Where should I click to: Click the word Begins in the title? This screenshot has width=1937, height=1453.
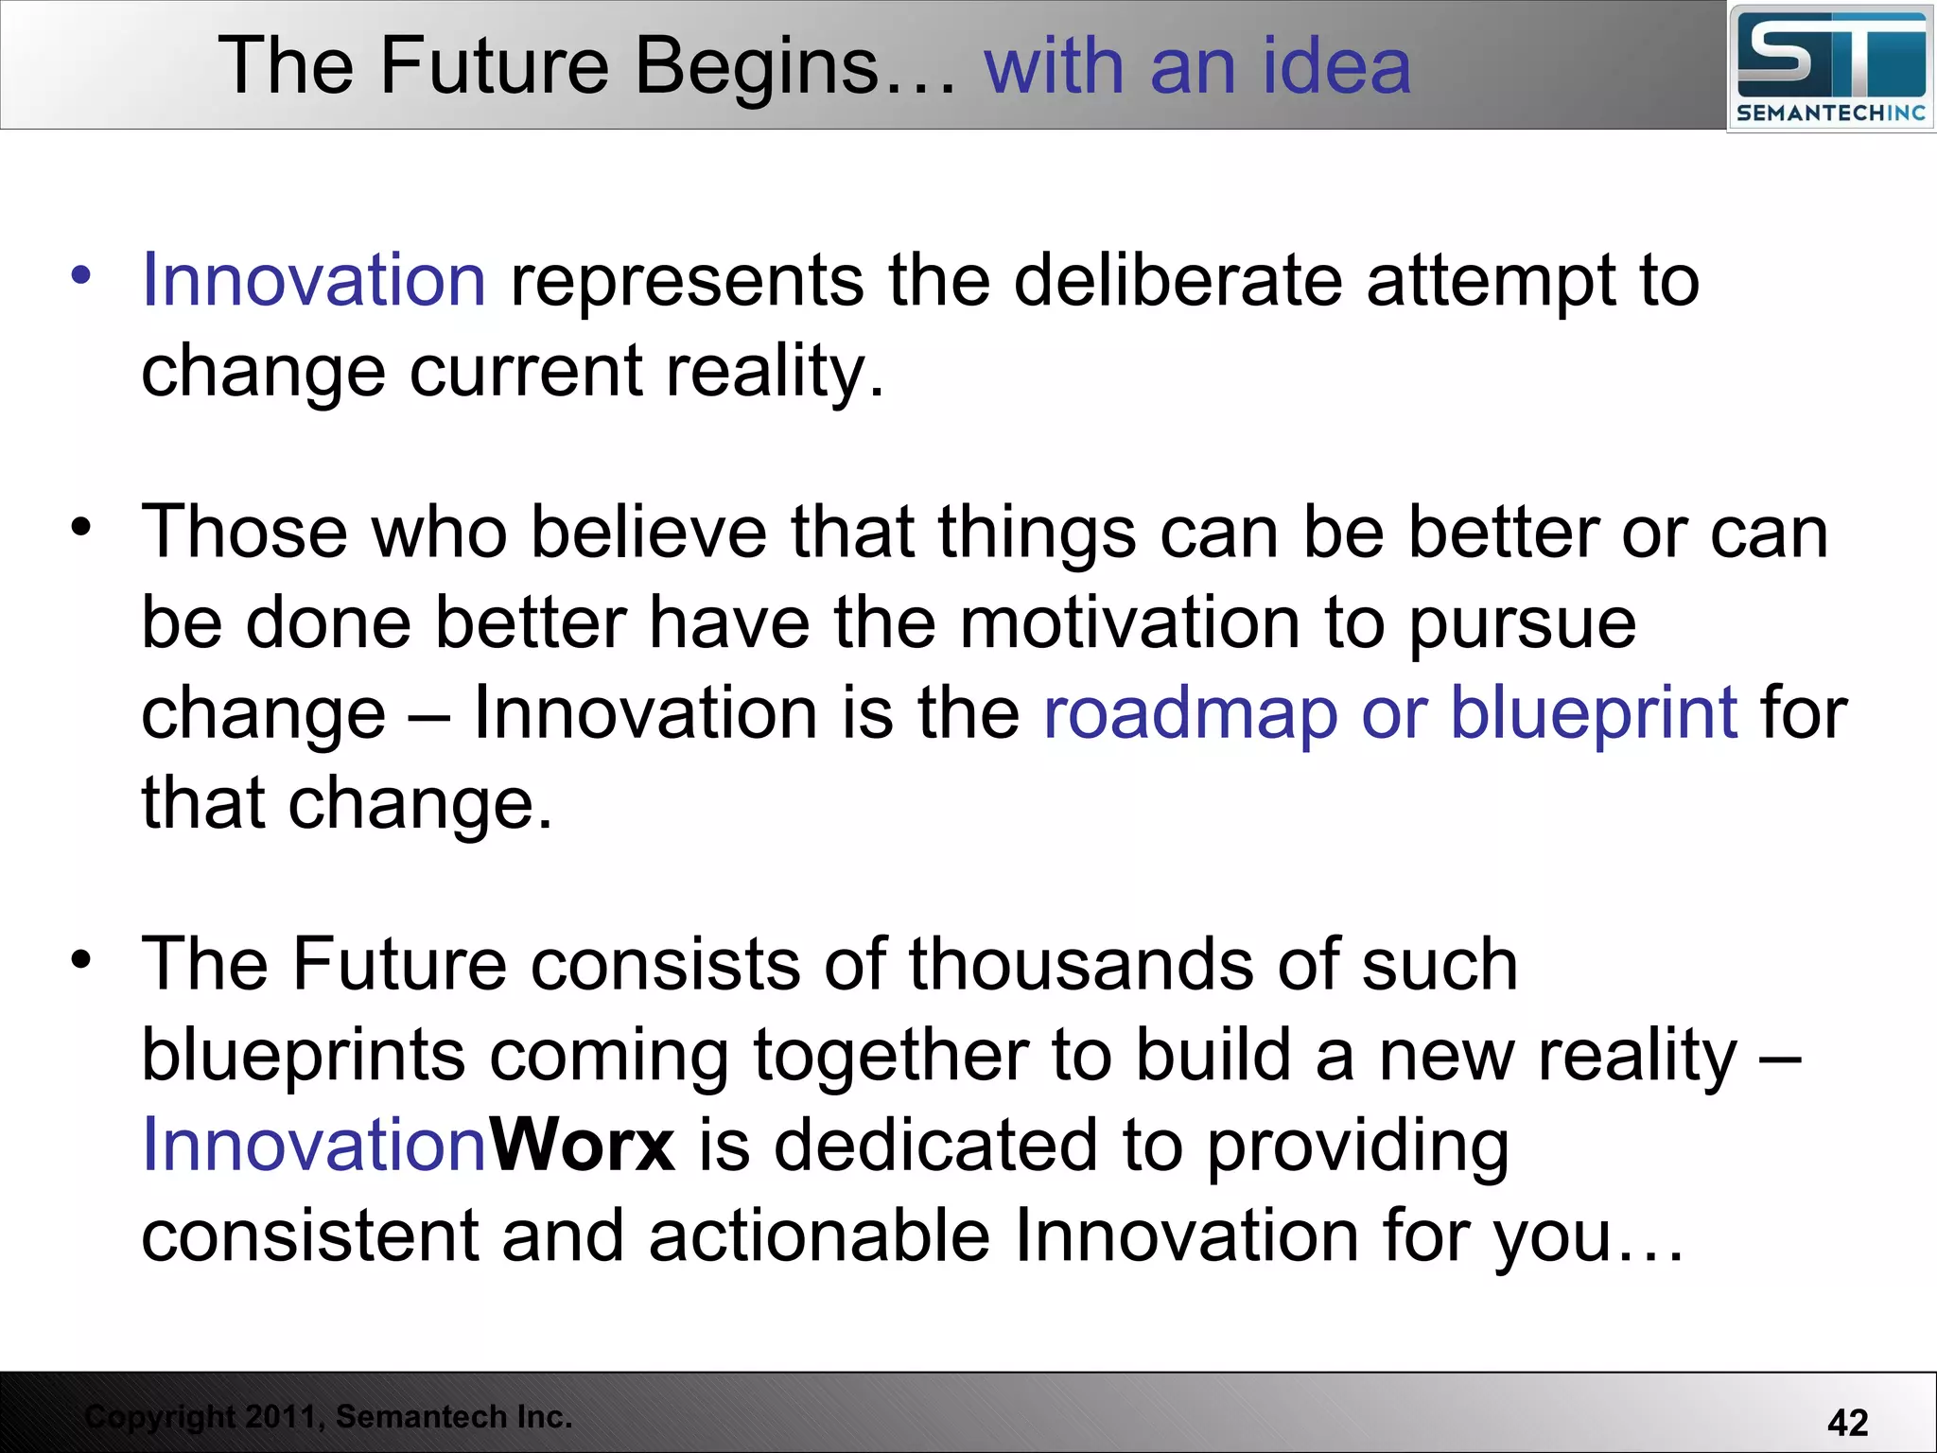(x=757, y=66)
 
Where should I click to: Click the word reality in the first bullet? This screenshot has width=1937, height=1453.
(x=774, y=371)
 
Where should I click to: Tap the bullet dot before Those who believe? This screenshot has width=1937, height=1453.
(x=81, y=526)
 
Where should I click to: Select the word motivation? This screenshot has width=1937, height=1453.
(x=1130, y=623)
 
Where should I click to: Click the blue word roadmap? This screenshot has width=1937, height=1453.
(x=1190, y=713)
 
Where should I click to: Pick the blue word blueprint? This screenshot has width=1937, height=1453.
(x=1594, y=713)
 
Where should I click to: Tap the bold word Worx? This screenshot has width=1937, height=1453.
(x=582, y=1145)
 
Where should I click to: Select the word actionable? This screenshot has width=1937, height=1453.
(x=819, y=1235)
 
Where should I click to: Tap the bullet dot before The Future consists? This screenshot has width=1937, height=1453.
(x=81, y=958)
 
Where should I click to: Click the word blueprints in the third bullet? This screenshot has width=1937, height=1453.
(x=303, y=1056)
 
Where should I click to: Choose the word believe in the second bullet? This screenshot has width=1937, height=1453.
(x=648, y=533)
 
